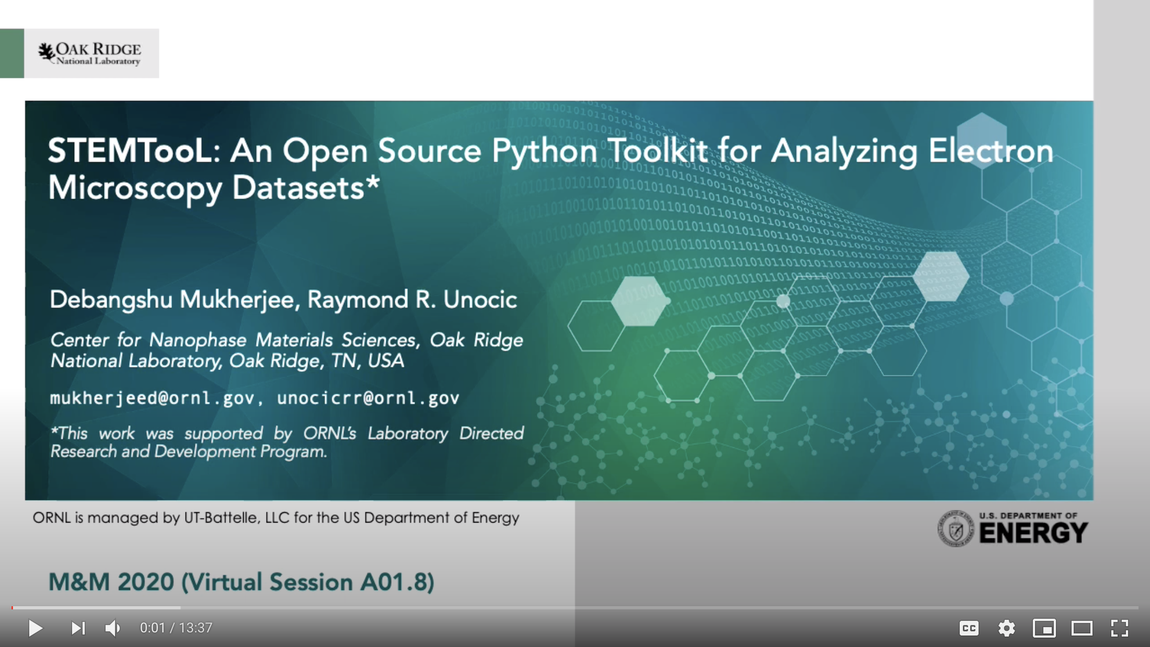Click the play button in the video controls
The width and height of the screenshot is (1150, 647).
(36, 628)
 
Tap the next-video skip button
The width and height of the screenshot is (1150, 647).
(78, 628)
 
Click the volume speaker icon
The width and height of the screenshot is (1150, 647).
(113, 628)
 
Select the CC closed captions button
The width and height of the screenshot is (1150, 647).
(969, 628)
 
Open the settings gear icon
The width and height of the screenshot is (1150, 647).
(1006, 628)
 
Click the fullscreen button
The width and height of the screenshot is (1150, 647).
(1119, 628)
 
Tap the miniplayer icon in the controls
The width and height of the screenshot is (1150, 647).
(1044, 628)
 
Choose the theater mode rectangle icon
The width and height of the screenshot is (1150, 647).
(1082, 628)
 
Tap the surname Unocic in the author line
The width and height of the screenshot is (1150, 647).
(480, 299)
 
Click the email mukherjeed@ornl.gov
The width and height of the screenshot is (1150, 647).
(152, 398)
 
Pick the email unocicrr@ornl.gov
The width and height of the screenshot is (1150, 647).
(368, 398)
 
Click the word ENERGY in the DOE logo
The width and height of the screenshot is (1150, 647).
(1033, 533)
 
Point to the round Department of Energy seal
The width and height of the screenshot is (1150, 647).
(956, 529)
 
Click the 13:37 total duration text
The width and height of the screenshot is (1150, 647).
(195, 628)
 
